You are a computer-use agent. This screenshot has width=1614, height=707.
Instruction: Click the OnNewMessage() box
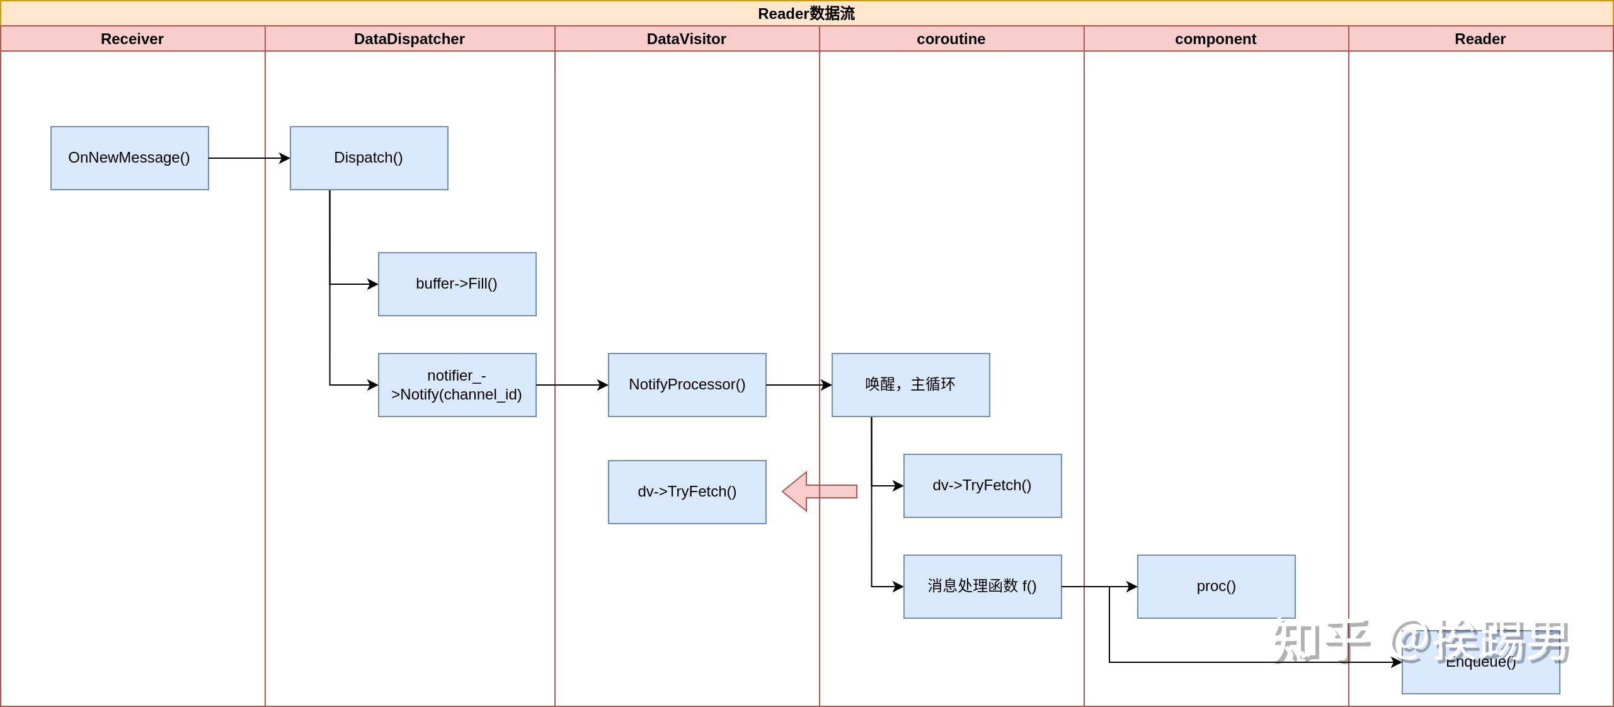coord(129,158)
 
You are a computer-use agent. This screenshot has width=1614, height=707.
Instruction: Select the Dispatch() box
coord(369,158)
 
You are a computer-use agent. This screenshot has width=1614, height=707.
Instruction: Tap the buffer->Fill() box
coord(457,284)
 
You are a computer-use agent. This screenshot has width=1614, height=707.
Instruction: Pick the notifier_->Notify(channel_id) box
coord(457,384)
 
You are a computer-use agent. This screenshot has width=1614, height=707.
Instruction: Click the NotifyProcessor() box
coord(687,384)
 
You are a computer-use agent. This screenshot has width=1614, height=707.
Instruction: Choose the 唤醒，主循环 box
coord(910,384)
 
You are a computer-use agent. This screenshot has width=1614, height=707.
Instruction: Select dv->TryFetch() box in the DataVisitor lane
coord(687,491)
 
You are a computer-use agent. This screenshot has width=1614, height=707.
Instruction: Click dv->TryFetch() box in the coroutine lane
coord(982,485)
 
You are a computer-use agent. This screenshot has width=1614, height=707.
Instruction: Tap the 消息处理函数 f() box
coord(982,586)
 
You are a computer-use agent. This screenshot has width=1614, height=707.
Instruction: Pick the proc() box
coord(1216,586)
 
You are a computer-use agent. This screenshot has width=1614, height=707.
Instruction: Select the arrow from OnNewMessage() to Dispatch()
coord(249,158)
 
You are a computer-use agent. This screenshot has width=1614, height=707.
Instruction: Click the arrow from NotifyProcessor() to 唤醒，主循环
coord(798,385)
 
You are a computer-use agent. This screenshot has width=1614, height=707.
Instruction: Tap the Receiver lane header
coord(132,39)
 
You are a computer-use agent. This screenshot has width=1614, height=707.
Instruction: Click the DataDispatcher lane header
coord(409,39)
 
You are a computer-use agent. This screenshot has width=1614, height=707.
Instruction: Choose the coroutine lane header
coord(951,39)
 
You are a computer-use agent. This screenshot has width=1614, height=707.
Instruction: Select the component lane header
coord(1215,39)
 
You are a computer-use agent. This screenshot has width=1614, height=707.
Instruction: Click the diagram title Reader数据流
coord(806,13)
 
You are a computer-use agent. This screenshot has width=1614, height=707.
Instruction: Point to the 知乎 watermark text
coord(1320,641)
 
